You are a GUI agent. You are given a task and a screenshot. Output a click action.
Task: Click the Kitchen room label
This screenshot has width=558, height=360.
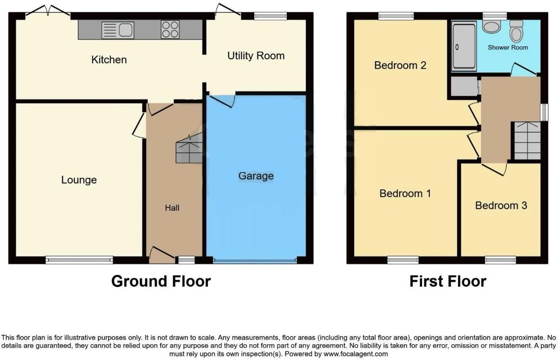(109, 59)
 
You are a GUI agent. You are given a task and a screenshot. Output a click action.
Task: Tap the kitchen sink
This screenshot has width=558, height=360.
(118, 30)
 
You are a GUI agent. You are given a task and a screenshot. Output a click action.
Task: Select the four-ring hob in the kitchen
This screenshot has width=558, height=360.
(170, 30)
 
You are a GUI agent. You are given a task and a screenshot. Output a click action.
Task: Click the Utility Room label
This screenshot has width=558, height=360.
(256, 56)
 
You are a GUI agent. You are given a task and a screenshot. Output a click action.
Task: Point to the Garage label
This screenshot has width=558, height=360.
(256, 175)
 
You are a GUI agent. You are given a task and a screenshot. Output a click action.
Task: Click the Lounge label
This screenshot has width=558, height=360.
(79, 180)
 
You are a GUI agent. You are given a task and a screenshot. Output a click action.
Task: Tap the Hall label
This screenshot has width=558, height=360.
(172, 207)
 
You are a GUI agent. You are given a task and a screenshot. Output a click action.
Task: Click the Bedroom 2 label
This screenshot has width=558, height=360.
(400, 65)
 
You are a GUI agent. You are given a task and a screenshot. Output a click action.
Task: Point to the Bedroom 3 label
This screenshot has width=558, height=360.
(501, 206)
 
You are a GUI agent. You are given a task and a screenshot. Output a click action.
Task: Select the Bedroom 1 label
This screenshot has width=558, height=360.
(405, 193)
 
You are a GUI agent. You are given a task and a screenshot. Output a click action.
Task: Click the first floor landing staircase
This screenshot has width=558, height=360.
(527, 141)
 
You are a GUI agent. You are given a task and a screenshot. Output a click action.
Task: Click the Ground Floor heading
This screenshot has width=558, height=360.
(161, 281)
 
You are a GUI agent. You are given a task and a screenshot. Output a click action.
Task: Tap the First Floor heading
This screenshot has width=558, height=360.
(448, 281)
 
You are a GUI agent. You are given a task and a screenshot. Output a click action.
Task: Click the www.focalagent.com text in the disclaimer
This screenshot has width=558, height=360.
(356, 354)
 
